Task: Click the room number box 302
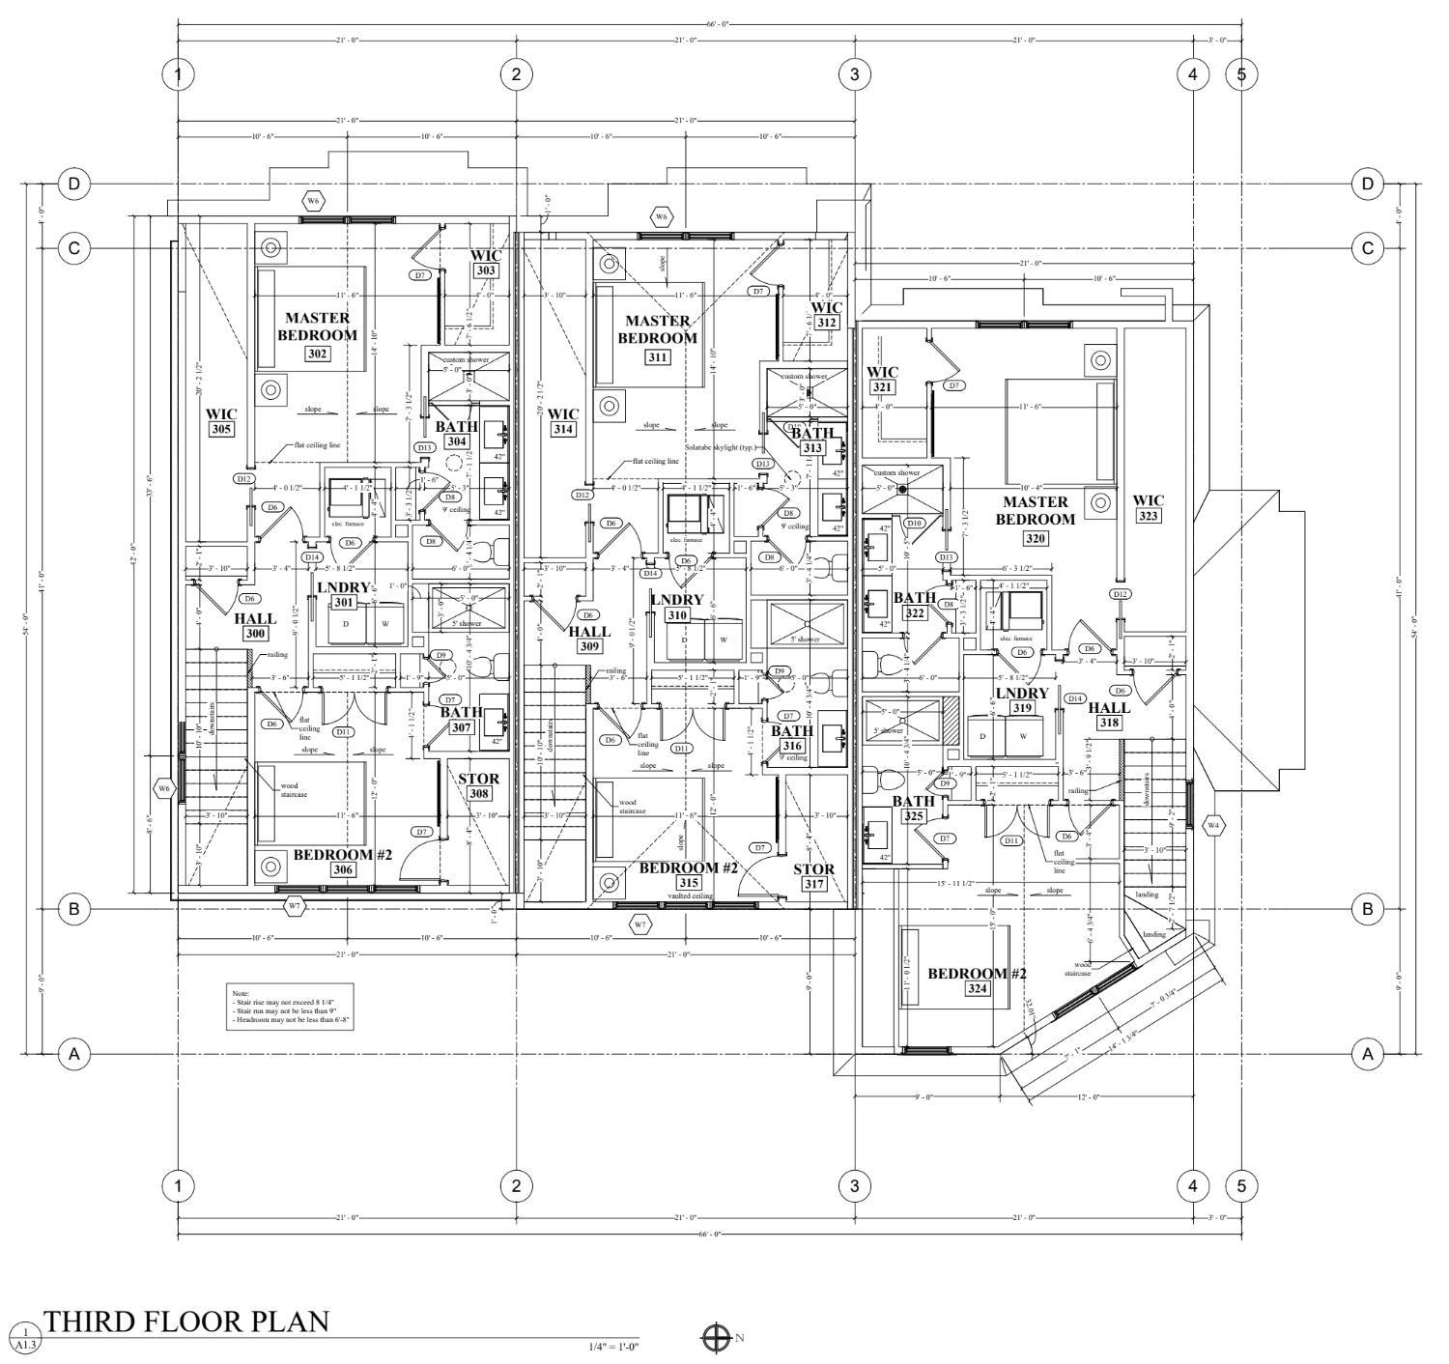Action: point(318,354)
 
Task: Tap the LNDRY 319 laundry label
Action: point(1022,700)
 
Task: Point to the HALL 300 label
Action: point(255,626)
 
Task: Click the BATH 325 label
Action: point(913,809)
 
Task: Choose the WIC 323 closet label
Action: point(1149,508)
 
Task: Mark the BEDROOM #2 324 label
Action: point(977,980)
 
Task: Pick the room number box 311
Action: point(658,356)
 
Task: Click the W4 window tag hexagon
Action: point(1213,825)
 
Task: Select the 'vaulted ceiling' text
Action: point(690,896)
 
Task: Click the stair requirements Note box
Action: point(291,1007)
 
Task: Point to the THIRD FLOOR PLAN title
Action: point(186,1321)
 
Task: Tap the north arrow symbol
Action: point(716,1338)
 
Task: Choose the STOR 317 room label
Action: point(813,876)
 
